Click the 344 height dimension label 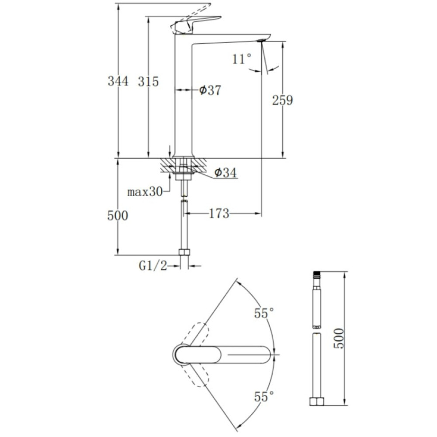tap(118, 81)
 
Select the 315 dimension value tap(148, 82)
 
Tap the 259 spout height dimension tap(283, 101)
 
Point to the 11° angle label tap(242, 59)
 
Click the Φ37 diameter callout tap(210, 90)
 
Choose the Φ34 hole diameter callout tap(225, 173)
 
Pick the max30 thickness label tap(145, 192)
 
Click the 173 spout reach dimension tap(219, 214)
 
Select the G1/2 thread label tap(153, 266)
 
